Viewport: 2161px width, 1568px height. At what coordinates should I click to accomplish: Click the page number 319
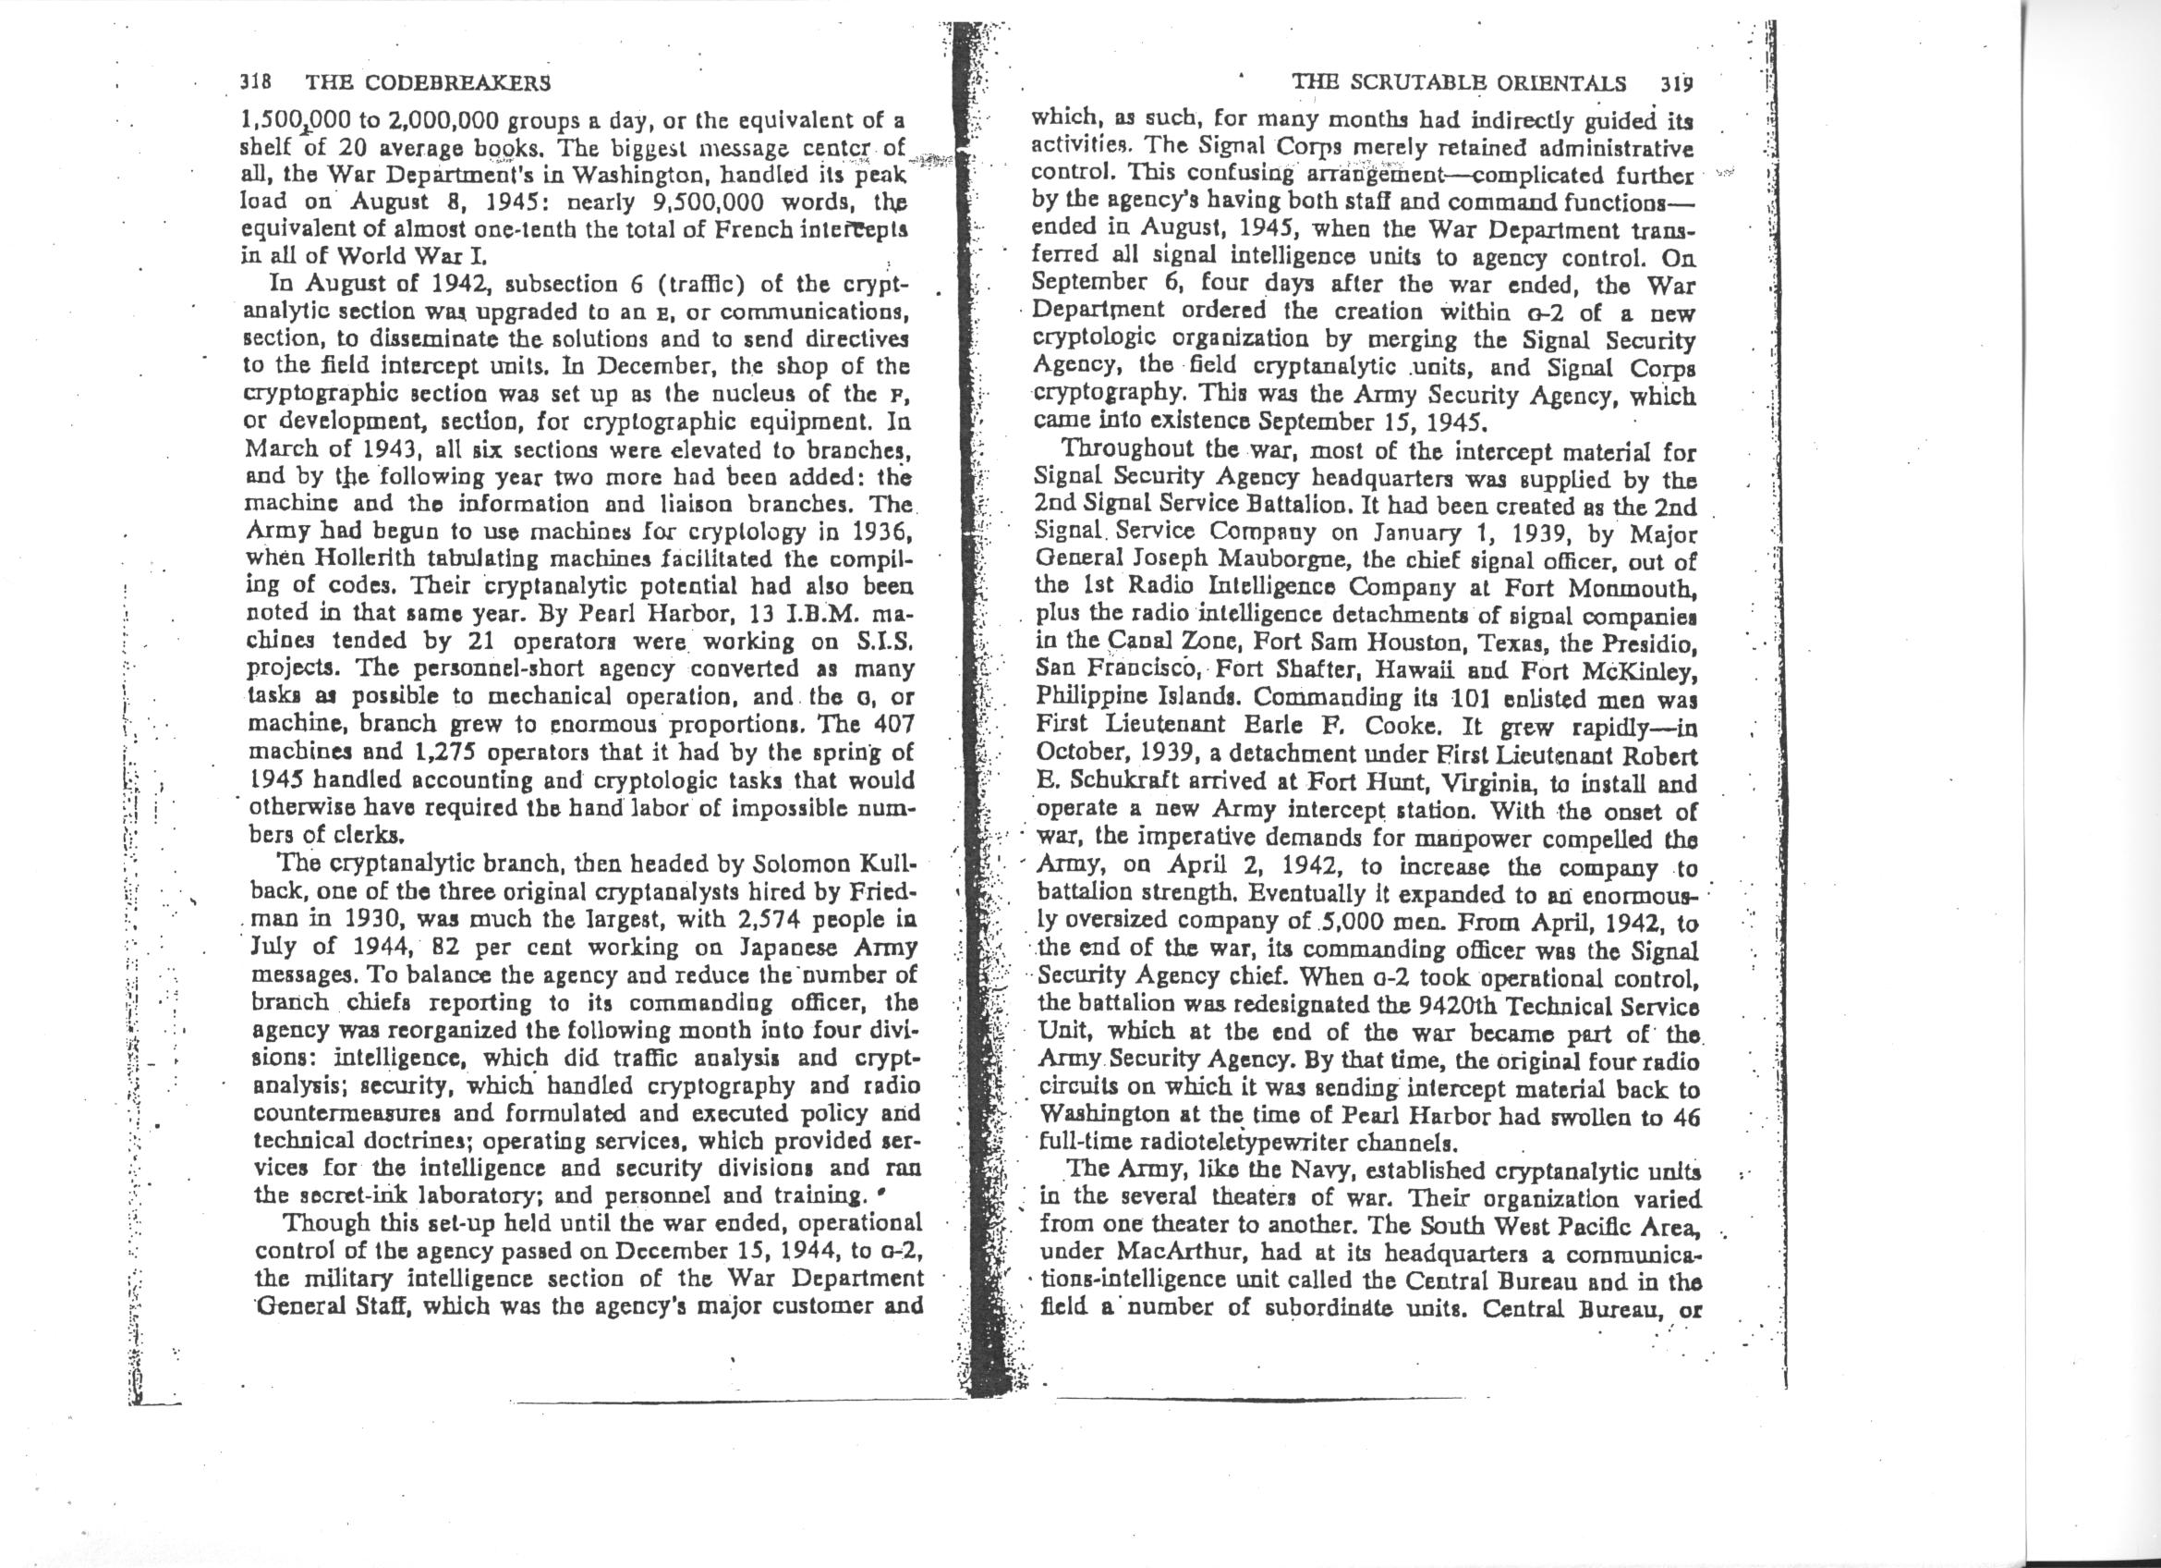click(1674, 83)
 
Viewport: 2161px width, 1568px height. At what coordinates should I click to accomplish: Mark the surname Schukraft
click(1105, 786)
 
